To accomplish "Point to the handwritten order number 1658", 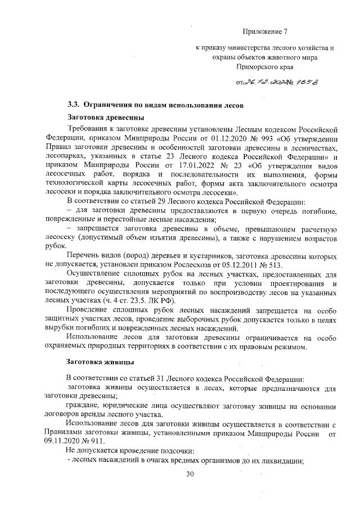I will click(303, 82).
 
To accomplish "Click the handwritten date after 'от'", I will click(264, 82).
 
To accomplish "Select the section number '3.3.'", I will click(75, 105).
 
